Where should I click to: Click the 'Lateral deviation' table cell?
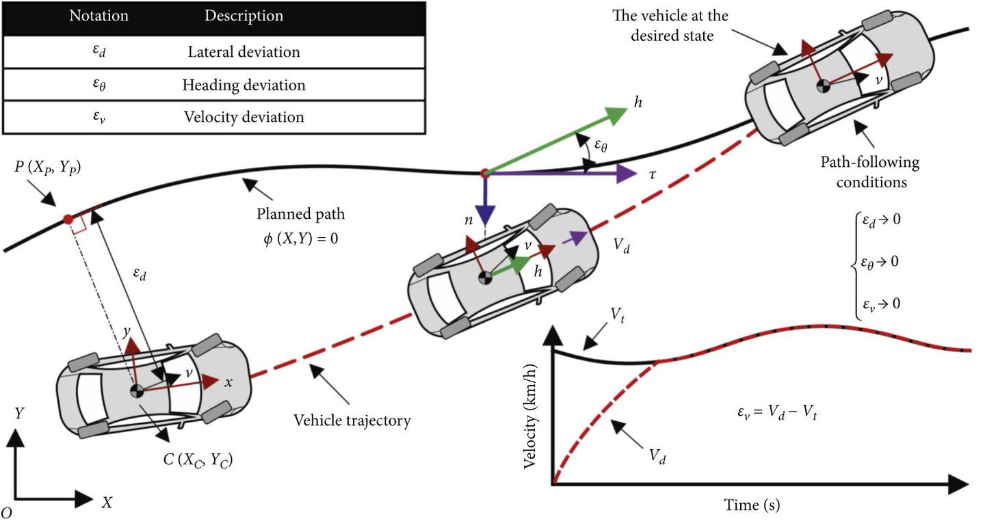pyautogui.click(x=244, y=52)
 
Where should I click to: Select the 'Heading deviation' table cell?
pyautogui.click(x=244, y=85)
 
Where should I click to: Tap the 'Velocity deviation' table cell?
pyautogui.click(x=244, y=117)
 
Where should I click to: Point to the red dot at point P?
pyautogui.click(x=68, y=219)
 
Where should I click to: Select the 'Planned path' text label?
pyautogui.click(x=301, y=214)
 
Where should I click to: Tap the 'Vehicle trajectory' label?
pyautogui.click(x=352, y=420)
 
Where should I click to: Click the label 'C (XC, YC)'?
pyautogui.click(x=197, y=460)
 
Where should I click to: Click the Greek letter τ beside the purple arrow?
pyautogui.click(x=653, y=174)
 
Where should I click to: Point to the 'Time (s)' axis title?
pyautogui.click(x=752, y=505)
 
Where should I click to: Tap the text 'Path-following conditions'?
pyautogui.click(x=870, y=172)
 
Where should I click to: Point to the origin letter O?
pyautogui.click(x=6, y=511)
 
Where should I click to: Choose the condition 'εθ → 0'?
pyautogui.click(x=880, y=262)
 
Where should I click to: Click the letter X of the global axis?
pyautogui.click(x=107, y=503)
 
